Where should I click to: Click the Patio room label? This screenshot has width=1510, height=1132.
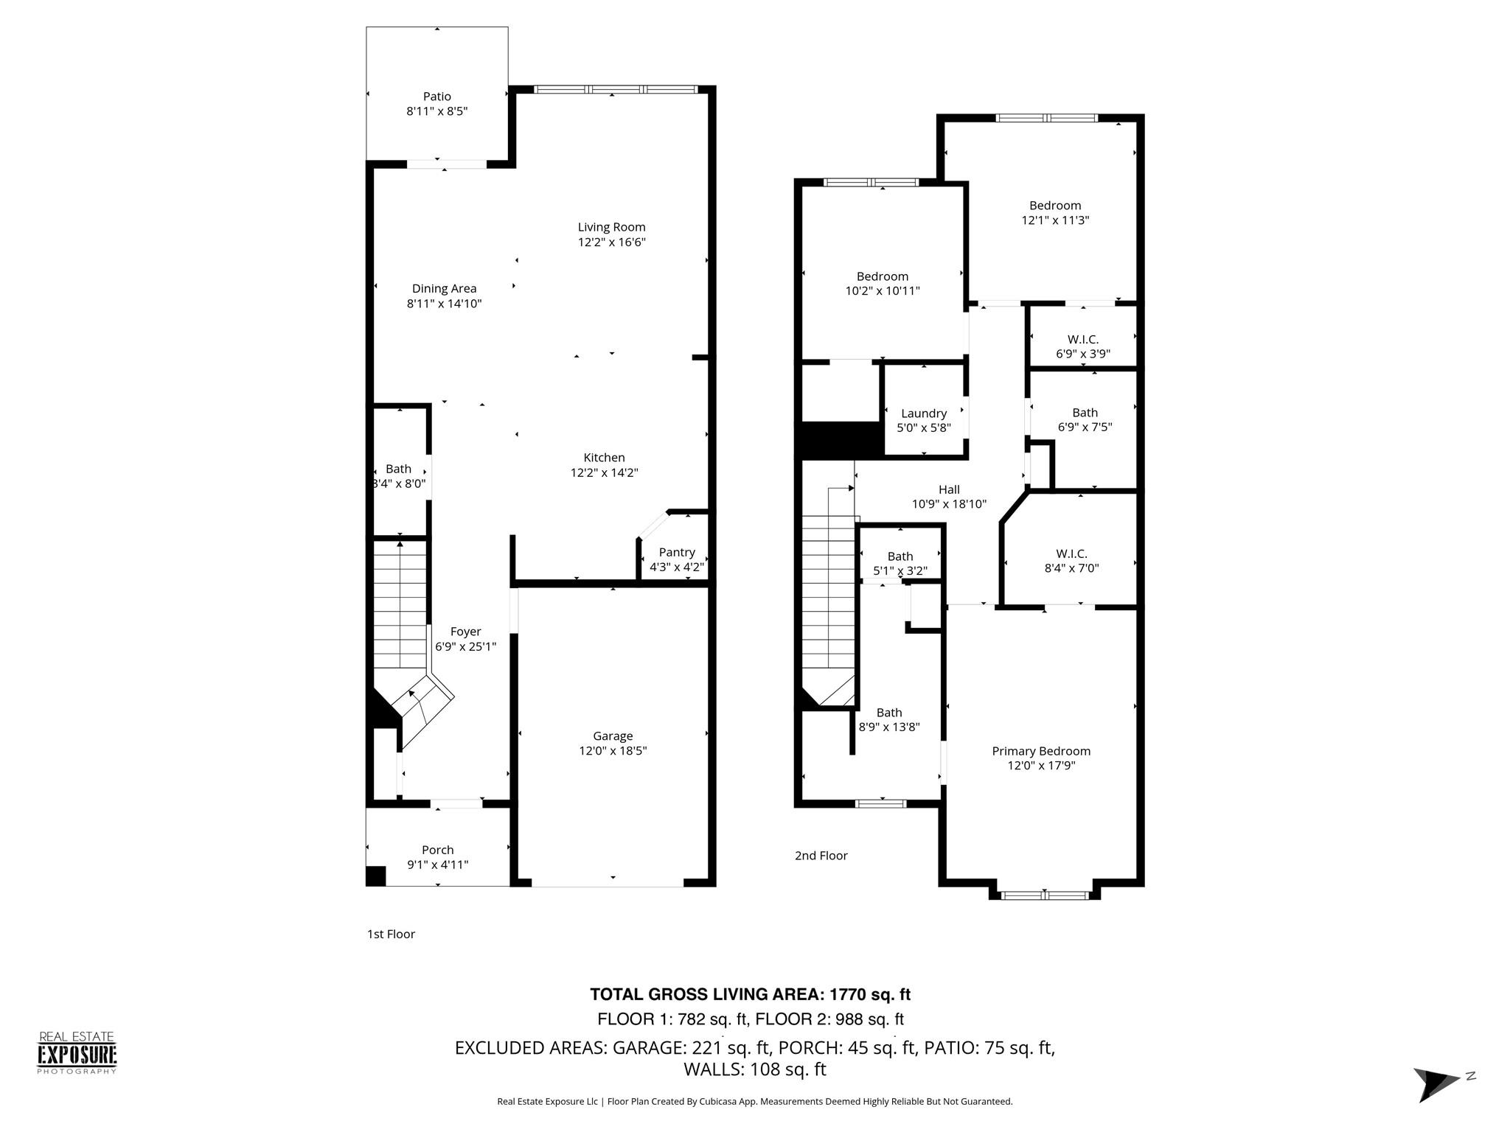pos(436,97)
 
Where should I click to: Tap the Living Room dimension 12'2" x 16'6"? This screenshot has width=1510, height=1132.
pos(611,242)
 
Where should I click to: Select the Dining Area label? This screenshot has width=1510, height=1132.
pos(444,289)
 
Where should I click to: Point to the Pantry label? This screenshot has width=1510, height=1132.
pos(676,552)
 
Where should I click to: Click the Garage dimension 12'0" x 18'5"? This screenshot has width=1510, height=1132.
pos(613,751)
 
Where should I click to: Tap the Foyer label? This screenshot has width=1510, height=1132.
pos(465,632)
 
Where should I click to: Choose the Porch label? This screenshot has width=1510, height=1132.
pos(437,850)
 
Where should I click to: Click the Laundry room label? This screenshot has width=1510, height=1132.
pos(923,413)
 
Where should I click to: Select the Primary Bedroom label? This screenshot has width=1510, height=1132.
pos(1040,751)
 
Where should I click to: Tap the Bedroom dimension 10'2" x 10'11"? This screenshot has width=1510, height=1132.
pos(882,291)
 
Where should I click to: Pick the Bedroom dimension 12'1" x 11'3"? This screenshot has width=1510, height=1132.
pos(1055,220)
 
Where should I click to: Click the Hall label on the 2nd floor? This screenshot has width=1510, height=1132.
pos(949,489)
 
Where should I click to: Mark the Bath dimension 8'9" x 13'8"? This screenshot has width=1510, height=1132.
pos(888,727)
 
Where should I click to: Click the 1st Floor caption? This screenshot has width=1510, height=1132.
pos(391,934)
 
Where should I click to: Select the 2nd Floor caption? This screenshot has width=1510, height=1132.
pos(821,856)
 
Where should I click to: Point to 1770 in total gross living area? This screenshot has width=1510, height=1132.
pos(849,994)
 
